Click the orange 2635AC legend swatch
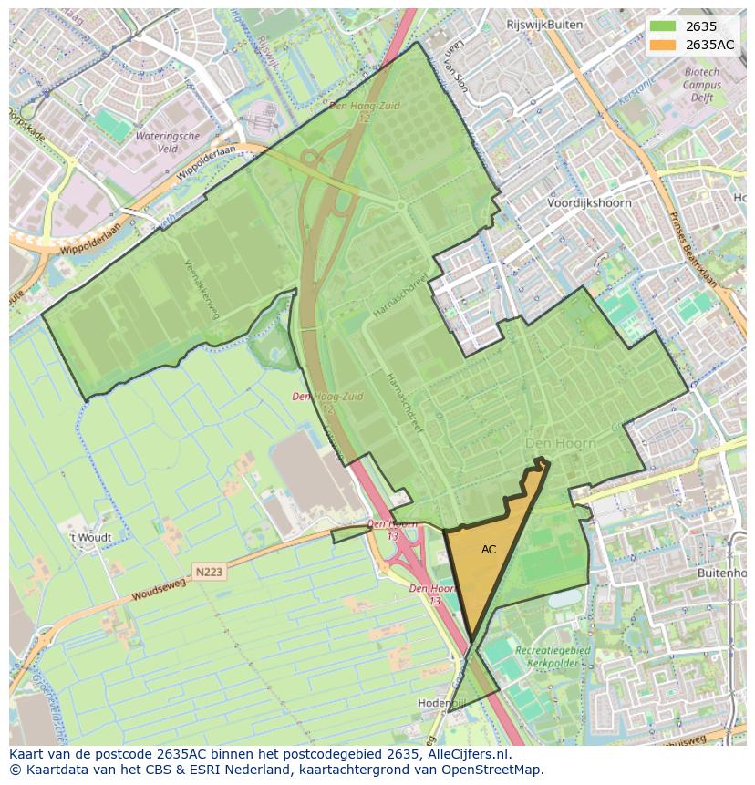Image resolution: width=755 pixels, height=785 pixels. point(663,45)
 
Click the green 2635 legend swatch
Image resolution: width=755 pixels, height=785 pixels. point(663,26)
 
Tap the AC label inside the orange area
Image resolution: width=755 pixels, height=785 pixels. point(489,550)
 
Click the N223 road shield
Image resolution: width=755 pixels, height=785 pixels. point(209,571)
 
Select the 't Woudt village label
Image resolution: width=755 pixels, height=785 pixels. point(91,538)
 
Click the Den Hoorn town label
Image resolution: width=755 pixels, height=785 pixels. point(561,443)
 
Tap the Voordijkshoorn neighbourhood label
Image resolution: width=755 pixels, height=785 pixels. point(589,203)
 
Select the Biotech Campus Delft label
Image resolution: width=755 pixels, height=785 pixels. point(701,85)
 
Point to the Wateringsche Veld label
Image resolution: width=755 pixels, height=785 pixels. point(167,141)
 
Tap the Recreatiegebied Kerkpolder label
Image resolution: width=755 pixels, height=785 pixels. point(553,656)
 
